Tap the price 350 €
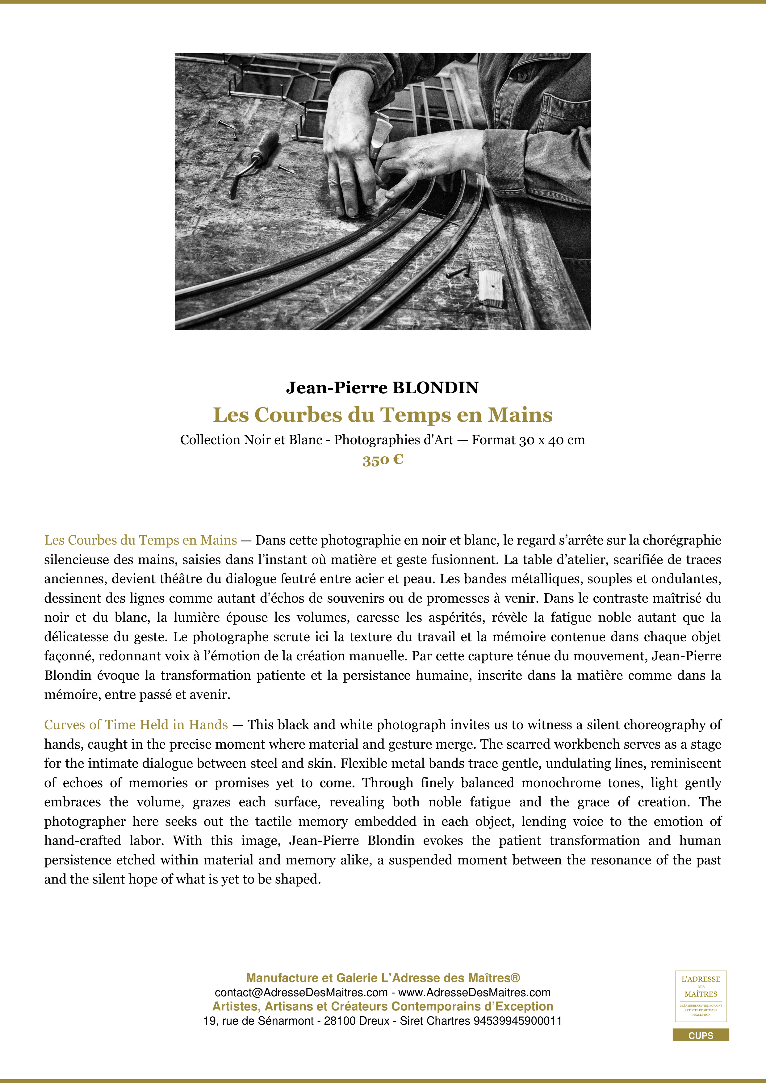[383, 460]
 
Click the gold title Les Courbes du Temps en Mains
[383, 415]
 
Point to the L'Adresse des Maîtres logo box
[701, 996]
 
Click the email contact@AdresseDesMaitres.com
[301, 993]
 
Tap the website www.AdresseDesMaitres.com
[475, 993]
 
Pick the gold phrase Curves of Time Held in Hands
[136, 725]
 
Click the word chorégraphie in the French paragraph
[682, 540]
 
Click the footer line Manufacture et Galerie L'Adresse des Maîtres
[383, 978]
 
